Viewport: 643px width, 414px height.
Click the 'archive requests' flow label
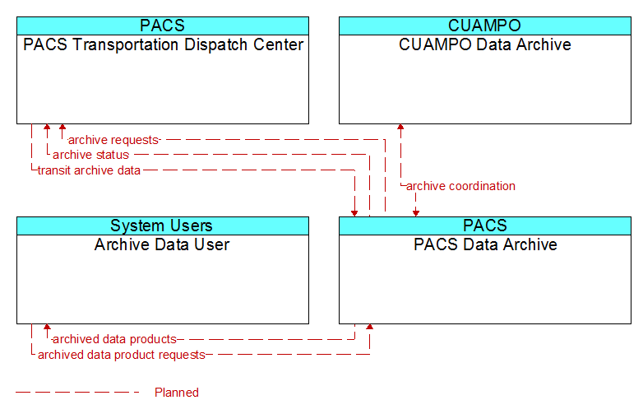113,140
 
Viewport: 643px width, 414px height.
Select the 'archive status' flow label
90,155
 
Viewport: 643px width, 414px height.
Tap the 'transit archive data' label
89,170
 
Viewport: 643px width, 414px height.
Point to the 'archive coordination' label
460,186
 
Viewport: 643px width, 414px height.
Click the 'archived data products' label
114,339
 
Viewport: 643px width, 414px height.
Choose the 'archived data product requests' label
122,355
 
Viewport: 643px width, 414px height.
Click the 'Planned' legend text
177,393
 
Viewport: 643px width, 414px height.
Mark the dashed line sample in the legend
77,393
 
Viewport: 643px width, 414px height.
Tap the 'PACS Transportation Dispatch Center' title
163,44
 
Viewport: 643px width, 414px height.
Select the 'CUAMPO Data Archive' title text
484,44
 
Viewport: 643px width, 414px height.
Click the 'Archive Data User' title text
162,244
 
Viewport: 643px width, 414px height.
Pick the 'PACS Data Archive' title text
485,244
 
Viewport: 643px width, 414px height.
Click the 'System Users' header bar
163,226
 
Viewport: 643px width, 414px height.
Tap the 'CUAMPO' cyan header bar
485,26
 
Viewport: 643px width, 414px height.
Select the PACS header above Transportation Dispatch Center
163,26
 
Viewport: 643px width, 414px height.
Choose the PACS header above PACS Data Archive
485,226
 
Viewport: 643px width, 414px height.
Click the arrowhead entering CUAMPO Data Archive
400,127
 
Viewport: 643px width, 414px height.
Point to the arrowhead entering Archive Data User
47,327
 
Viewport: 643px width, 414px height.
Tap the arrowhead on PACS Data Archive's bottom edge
369,327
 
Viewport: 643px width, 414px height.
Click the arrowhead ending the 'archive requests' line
62,127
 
